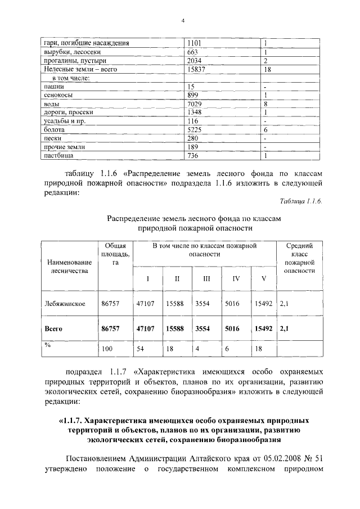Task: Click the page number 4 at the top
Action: tap(183, 21)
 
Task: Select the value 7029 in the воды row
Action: tap(195, 104)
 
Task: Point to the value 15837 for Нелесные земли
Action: tap(197, 70)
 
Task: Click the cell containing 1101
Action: tap(194, 43)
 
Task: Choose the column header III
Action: tap(206, 278)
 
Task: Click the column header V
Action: tap(262, 278)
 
